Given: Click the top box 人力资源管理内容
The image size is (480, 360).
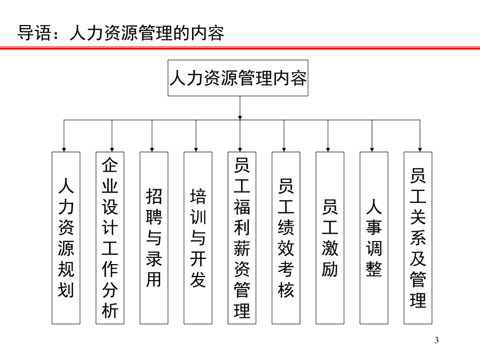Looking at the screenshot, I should tap(238, 78).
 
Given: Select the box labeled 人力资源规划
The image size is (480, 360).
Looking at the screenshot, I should tap(66, 238).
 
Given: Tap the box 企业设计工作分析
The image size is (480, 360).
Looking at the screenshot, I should tap(110, 238).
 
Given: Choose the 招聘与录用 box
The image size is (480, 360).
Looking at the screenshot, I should tap(154, 238).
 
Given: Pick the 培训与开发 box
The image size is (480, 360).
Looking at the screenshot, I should tap(198, 238).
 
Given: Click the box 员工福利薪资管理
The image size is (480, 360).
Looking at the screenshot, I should tap(242, 238).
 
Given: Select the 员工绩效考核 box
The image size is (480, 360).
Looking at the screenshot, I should tap(286, 238).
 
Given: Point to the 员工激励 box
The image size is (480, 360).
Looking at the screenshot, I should tap(330, 238).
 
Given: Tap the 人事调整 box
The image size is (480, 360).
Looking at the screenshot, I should tap(374, 238).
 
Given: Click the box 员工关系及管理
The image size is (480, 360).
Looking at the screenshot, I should tap(418, 238).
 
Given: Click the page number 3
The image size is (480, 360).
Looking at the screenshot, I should tap(437, 341).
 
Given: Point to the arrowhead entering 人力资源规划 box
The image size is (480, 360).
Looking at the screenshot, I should tap(64, 148).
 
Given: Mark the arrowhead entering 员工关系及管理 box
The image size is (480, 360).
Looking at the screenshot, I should tap(421, 148).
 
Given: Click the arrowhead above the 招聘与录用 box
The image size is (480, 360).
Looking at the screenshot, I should tap(152, 148).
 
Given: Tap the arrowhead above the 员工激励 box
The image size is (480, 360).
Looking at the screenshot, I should tap(328, 148).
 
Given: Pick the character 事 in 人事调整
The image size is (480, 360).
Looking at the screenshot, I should tap(374, 227).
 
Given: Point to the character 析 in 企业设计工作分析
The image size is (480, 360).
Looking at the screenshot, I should tap(110, 310).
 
